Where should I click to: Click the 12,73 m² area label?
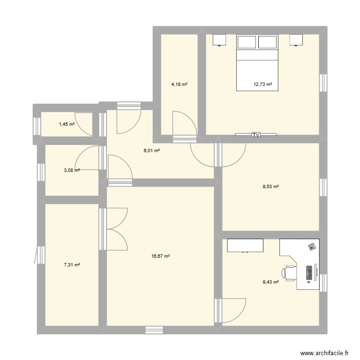[x=263, y=85]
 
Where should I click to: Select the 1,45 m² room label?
[x=67, y=124]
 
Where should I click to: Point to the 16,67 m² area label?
[x=160, y=256]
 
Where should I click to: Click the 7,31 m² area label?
[x=72, y=264]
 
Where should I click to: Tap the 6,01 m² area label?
[x=152, y=150]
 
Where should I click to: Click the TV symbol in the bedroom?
[x=256, y=135]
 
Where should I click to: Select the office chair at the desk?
[x=289, y=272]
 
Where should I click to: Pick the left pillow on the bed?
[x=247, y=42]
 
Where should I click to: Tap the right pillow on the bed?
[x=268, y=42]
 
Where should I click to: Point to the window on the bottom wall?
[x=154, y=330]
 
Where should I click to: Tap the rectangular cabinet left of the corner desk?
[x=245, y=245]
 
